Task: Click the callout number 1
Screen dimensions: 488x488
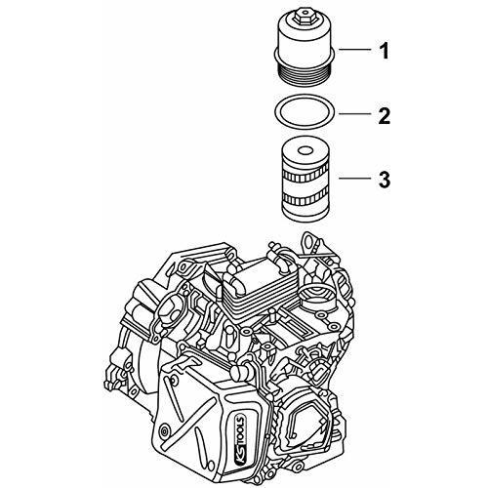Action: coord(385,51)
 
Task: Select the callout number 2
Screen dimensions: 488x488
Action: coord(385,115)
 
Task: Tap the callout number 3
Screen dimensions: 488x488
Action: coord(385,180)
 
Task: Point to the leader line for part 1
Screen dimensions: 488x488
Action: coord(355,50)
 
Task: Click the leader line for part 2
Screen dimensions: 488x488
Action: coord(355,114)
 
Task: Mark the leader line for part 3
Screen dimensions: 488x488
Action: coord(355,179)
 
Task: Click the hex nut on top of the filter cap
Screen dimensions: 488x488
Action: coord(305,17)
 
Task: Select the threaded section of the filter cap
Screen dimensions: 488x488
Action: coord(305,74)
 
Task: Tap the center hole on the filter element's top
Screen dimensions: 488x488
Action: coord(305,150)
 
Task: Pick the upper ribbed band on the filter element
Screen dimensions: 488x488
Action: coord(305,175)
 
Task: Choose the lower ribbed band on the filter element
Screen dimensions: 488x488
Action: coord(305,197)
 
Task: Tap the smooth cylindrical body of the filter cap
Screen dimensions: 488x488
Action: coord(305,37)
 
